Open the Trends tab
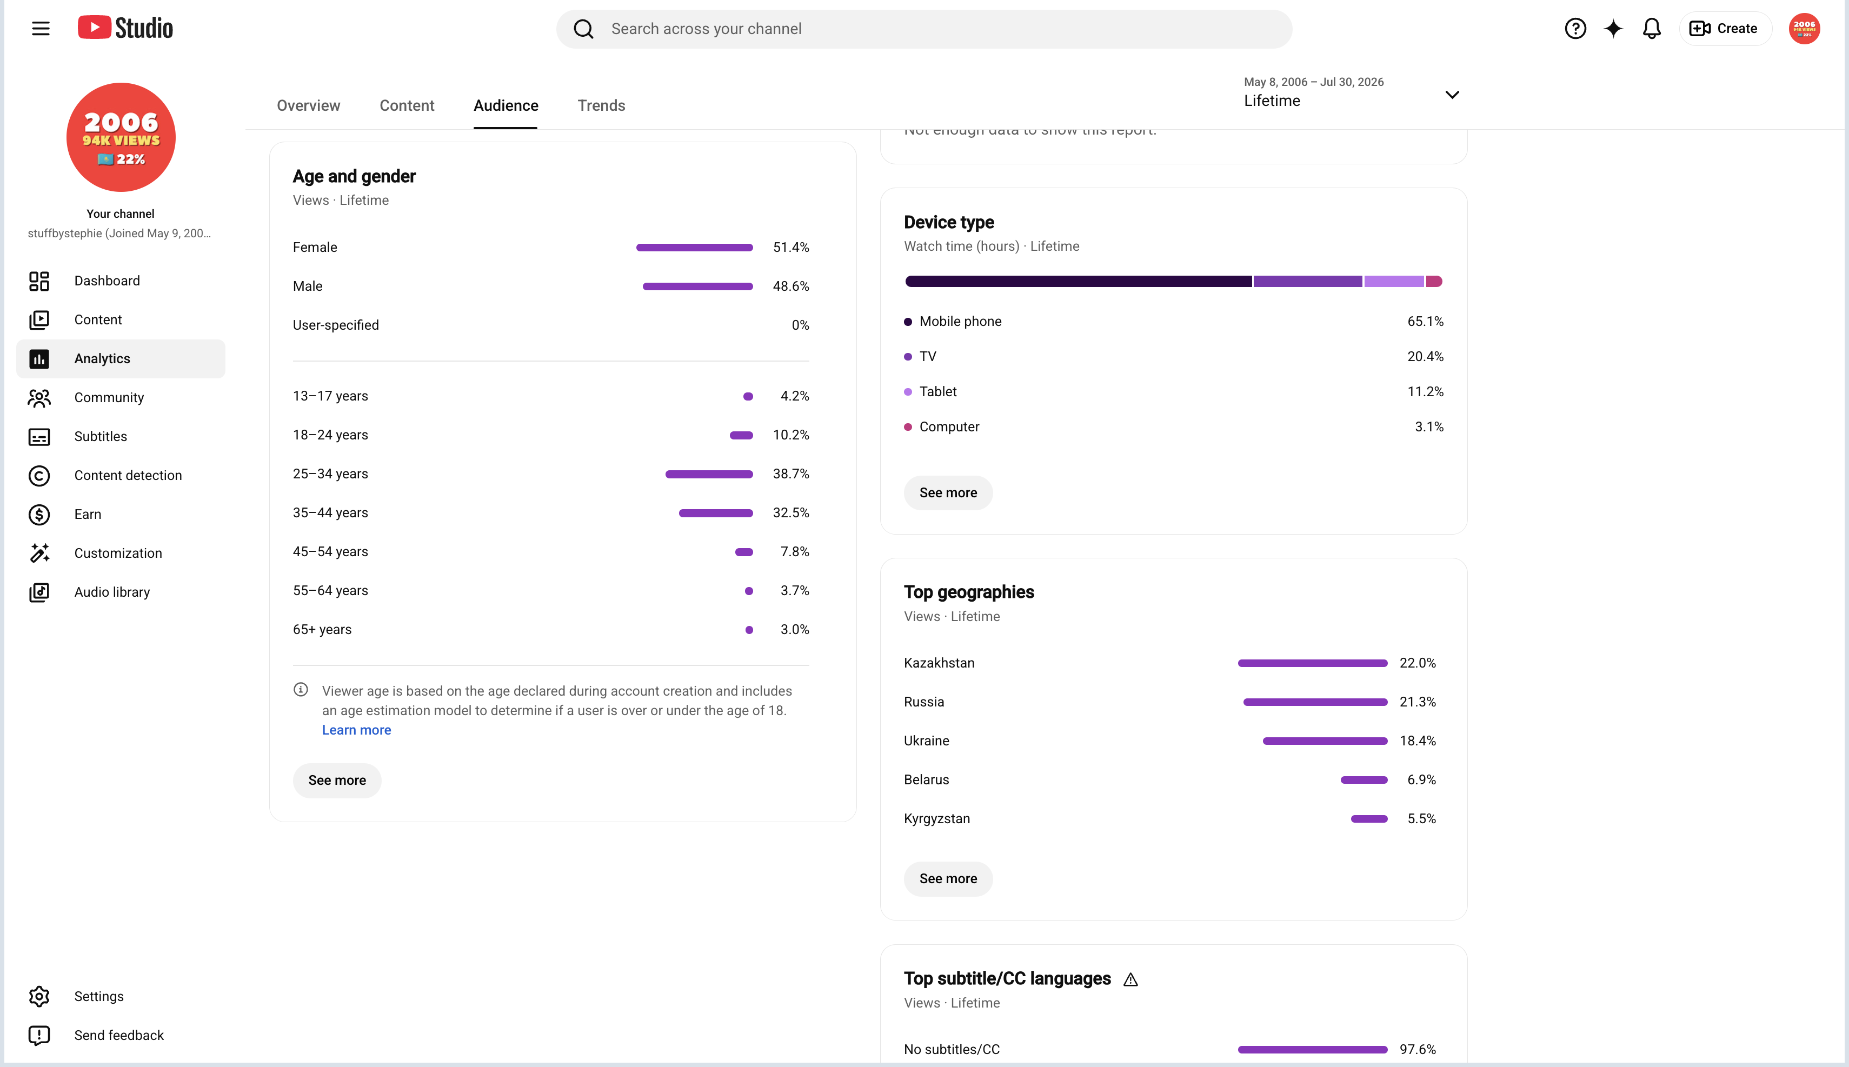point(601,105)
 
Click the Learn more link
point(356,730)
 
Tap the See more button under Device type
point(948,493)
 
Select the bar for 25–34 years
point(709,474)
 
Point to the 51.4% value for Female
point(791,248)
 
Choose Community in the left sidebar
point(109,398)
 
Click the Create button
point(1725,29)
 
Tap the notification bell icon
point(1651,29)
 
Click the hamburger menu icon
point(41,29)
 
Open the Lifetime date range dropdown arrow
point(1451,95)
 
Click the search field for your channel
point(923,29)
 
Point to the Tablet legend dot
point(908,392)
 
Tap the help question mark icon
point(1575,29)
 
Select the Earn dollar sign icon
point(39,515)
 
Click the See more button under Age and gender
point(336,781)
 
